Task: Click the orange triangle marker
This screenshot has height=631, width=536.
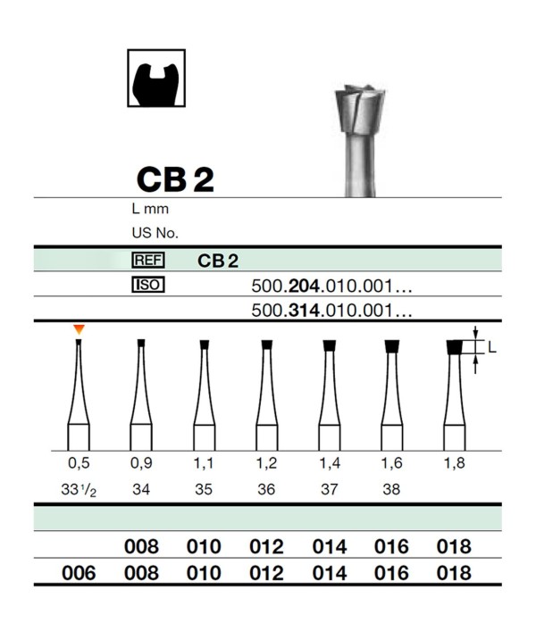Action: [x=79, y=329]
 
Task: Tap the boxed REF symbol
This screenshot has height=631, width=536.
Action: [x=148, y=260]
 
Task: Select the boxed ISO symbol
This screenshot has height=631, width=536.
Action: [x=148, y=285]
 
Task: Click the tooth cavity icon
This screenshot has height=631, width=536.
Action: [x=156, y=78]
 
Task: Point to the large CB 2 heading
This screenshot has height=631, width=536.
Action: [x=175, y=179]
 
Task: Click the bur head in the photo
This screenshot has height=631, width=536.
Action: [x=360, y=109]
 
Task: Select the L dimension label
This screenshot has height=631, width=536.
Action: [x=491, y=347]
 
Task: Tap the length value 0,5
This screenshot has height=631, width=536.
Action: [x=79, y=463]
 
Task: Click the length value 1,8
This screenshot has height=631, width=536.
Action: [x=454, y=463]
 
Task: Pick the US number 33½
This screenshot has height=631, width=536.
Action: [x=79, y=490]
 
